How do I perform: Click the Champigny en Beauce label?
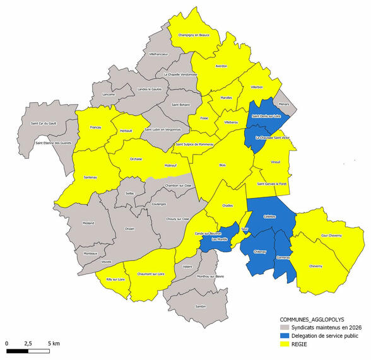tap(193, 35)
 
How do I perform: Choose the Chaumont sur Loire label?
tap(150, 274)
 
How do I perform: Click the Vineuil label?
tap(274, 162)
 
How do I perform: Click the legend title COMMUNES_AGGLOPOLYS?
tap(310, 319)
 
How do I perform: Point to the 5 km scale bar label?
tap(54, 344)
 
